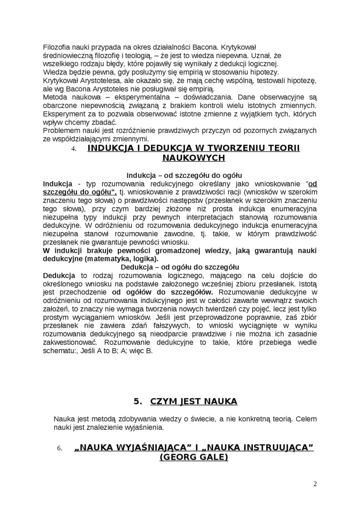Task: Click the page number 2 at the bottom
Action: pos(315,484)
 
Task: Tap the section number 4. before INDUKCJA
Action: pos(73,149)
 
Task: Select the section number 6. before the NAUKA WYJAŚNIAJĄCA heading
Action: pos(60,448)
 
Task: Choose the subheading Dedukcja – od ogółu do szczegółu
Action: pos(180,267)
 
